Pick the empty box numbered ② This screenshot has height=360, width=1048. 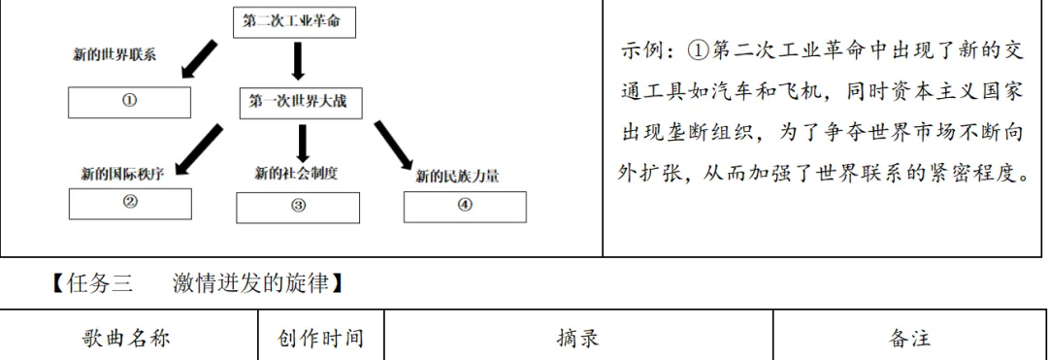click(x=130, y=203)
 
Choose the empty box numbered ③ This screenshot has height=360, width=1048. click(x=298, y=206)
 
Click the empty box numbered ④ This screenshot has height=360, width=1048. click(x=465, y=206)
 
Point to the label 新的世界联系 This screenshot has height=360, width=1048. click(x=115, y=54)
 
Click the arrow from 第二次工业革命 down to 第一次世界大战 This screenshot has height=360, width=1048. click(x=298, y=60)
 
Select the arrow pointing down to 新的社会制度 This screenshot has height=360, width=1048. click(x=302, y=144)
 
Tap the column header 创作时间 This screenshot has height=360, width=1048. click(x=320, y=338)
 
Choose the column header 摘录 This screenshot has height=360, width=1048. click(x=577, y=338)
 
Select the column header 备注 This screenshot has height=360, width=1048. click(x=909, y=338)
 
